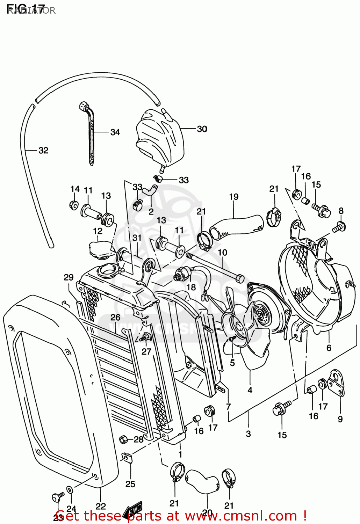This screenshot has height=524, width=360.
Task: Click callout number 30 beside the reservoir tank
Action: point(202,129)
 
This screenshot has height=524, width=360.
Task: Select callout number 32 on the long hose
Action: point(43,150)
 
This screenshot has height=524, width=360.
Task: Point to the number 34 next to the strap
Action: point(115,132)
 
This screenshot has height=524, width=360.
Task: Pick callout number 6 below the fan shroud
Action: point(329,348)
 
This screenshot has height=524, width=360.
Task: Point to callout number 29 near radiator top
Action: point(69,277)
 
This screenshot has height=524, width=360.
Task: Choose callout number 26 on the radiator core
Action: point(115,317)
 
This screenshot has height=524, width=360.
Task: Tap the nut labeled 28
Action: point(123,439)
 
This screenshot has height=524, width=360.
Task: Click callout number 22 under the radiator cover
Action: point(101,506)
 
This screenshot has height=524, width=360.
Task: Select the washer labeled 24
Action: point(70,490)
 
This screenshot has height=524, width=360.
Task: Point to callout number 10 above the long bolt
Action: point(222,252)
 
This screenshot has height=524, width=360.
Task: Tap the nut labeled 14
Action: point(74,205)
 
